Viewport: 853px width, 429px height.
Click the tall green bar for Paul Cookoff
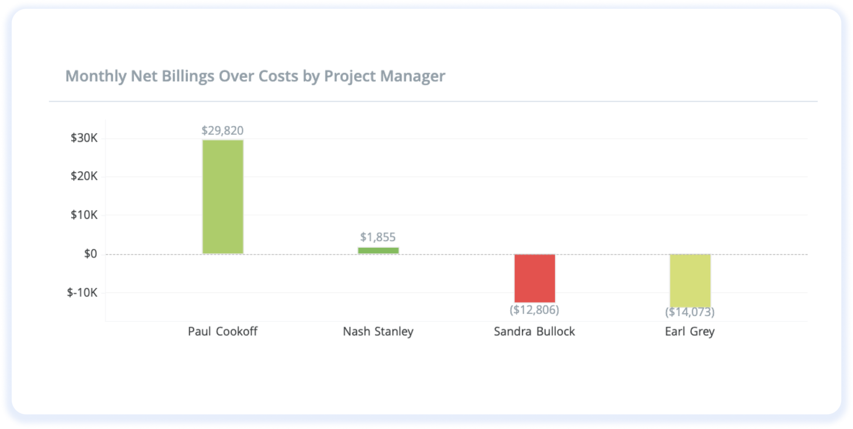pos(223,197)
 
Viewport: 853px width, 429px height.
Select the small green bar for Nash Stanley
pos(378,250)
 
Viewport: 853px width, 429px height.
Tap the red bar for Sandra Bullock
pos(534,278)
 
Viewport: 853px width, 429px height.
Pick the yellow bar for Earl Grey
pos(690,280)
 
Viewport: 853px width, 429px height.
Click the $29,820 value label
pos(222,131)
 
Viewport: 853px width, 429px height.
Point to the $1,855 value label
pos(378,237)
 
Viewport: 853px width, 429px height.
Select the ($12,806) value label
pos(534,309)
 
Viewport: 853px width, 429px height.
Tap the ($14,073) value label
pos(690,312)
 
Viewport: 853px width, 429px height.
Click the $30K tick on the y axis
pos(84,138)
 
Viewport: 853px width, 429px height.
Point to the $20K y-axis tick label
pos(84,176)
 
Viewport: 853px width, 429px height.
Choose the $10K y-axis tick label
pos(84,215)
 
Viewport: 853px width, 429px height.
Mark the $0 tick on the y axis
pos(90,254)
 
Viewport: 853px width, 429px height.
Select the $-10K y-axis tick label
pos(82,292)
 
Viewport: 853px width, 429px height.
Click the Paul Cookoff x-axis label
pos(222,332)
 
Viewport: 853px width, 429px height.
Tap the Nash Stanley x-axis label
pos(378,332)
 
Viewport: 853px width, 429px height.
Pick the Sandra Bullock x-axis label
pos(534,332)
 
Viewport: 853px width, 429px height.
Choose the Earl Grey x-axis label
pos(690,332)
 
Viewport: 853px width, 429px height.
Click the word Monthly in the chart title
pos(96,76)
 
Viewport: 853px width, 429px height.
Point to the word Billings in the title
pos(188,76)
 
